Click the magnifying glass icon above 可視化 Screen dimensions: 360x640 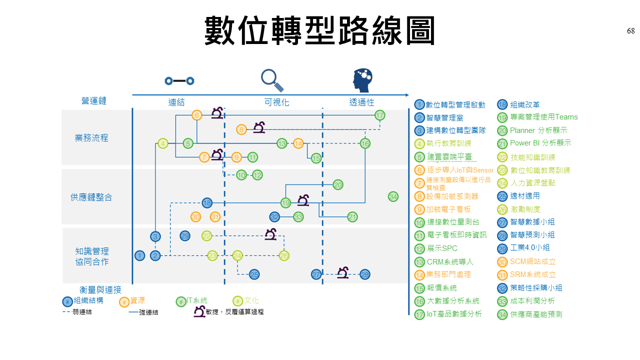(271, 80)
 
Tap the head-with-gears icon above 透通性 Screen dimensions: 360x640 (362, 80)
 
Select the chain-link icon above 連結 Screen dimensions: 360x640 (179, 80)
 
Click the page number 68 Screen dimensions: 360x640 (630, 31)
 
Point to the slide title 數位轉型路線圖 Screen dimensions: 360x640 (319, 31)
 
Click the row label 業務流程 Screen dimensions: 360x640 (91, 138)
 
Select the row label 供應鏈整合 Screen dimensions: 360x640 (91, 197)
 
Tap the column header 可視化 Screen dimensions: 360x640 (276, 102)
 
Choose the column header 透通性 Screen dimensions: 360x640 (361, 102)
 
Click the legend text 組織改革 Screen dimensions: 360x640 (524, 104)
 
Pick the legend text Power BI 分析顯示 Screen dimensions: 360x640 (540, 143)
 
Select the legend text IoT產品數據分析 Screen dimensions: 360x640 (454, 314)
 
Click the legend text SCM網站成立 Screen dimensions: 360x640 (532, 261)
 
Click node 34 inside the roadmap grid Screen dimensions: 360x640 (393, 196)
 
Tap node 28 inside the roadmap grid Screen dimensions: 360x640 (365, 274)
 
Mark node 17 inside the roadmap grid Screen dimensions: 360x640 (379, 115)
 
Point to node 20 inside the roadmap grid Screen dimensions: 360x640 (338, 185)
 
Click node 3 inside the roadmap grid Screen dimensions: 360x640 (155, 236)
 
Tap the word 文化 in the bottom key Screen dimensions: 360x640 (251, 300)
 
